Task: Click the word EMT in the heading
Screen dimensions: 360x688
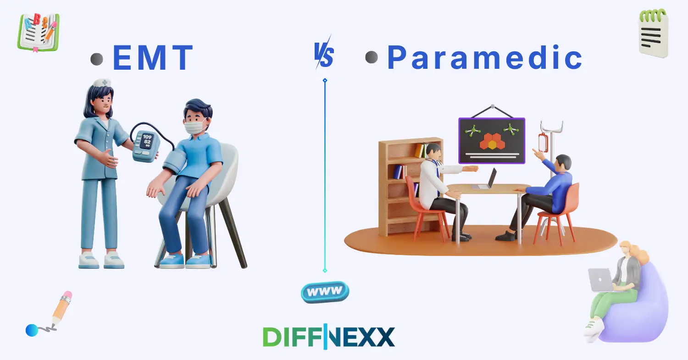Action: point(153,58)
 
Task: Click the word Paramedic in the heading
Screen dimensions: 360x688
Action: point(485,58)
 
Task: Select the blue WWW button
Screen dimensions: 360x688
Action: point(325,292)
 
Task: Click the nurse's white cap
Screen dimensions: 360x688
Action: point(102,83)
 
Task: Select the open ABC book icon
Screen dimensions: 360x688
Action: point(39,32)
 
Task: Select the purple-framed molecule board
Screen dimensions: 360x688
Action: point(492,140)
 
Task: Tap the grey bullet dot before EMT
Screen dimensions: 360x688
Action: point(97,59)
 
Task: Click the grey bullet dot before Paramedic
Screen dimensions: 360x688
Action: point(371,57)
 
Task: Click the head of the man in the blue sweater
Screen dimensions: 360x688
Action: point(563,163)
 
